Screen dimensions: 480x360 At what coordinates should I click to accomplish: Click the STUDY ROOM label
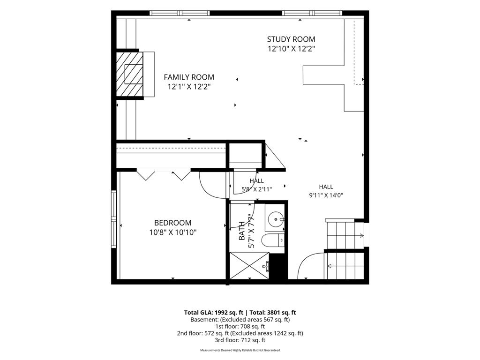coord(291,39)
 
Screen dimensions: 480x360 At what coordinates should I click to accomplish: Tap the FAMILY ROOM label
coord(189,77)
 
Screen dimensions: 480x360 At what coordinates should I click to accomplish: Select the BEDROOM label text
coord(172,223)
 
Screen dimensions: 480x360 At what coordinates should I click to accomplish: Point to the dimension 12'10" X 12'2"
coord(291,49)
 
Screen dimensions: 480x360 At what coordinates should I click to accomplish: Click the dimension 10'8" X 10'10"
coord(172,232)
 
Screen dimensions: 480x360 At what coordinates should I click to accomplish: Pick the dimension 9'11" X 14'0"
coord(326,195)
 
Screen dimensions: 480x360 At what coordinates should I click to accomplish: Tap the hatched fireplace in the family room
coord(129,74)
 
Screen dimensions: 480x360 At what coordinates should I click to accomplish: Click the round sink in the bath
coord(276,219)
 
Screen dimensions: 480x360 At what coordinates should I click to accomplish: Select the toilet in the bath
coord(273,240)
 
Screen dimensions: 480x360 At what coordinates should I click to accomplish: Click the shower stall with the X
coord(249,266)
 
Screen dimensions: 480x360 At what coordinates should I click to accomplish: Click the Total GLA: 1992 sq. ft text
coord(213,313)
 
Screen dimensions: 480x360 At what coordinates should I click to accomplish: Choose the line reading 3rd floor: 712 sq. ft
coord(240,340)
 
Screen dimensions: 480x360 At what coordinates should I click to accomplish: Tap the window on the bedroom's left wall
coord(114,219)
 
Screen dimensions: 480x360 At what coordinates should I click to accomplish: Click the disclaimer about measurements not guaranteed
coord(240,350)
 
